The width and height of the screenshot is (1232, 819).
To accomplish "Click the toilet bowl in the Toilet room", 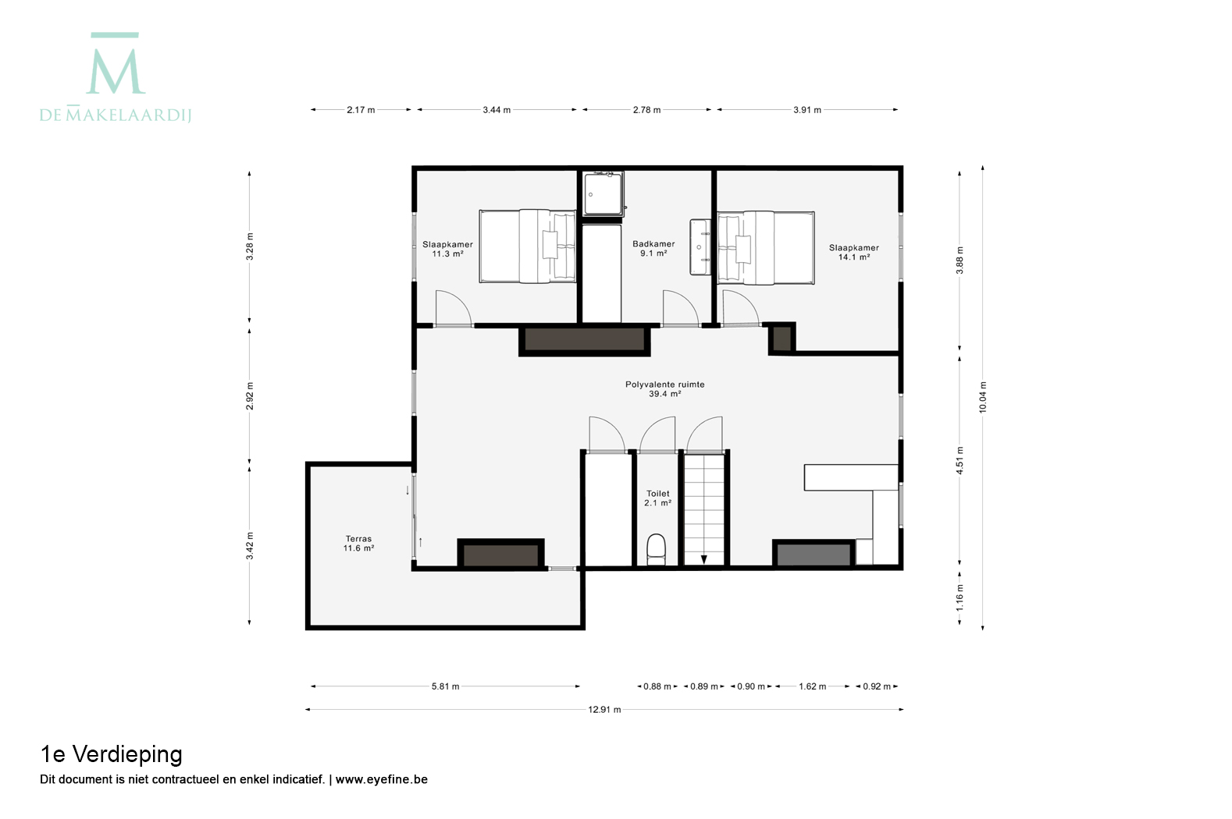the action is point(656,549).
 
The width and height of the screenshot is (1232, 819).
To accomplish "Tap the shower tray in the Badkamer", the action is point(604,193).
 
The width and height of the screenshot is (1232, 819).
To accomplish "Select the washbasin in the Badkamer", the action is point(700,246).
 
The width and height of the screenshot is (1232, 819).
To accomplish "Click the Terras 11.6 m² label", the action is point(358,544).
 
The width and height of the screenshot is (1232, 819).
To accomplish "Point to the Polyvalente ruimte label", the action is point(665,385).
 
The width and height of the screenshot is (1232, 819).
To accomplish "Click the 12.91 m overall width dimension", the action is point(604,710).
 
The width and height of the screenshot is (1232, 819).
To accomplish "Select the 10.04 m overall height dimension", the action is point(983,397).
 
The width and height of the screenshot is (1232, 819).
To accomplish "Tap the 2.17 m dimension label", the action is point(361,110).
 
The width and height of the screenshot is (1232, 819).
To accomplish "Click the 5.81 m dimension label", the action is point(445,686).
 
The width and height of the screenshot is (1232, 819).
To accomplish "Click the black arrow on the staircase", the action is point(704,559).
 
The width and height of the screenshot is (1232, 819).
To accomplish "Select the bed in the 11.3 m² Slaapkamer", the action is point(528,246).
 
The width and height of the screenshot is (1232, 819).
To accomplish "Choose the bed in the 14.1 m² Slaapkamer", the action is point(766,248).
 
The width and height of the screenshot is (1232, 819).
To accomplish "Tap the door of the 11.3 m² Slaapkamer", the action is point(453,308).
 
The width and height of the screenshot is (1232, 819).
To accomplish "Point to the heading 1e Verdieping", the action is point(111,755).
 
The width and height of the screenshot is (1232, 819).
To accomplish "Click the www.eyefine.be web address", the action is point(382,779).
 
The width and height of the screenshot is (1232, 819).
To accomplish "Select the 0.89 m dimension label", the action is point(704,686).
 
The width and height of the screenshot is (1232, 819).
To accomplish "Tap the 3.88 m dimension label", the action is point(960,261).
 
